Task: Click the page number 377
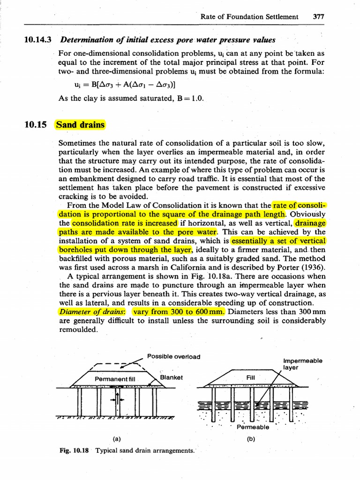318,16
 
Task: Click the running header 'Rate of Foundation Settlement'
249,16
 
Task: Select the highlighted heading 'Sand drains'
80,125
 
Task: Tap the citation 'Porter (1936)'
301,268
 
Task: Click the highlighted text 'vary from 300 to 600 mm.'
179,312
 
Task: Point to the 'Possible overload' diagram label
173,356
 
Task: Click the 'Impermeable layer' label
303,364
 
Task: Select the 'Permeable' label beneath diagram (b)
253,427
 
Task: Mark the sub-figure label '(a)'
117,439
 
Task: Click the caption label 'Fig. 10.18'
75,450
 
